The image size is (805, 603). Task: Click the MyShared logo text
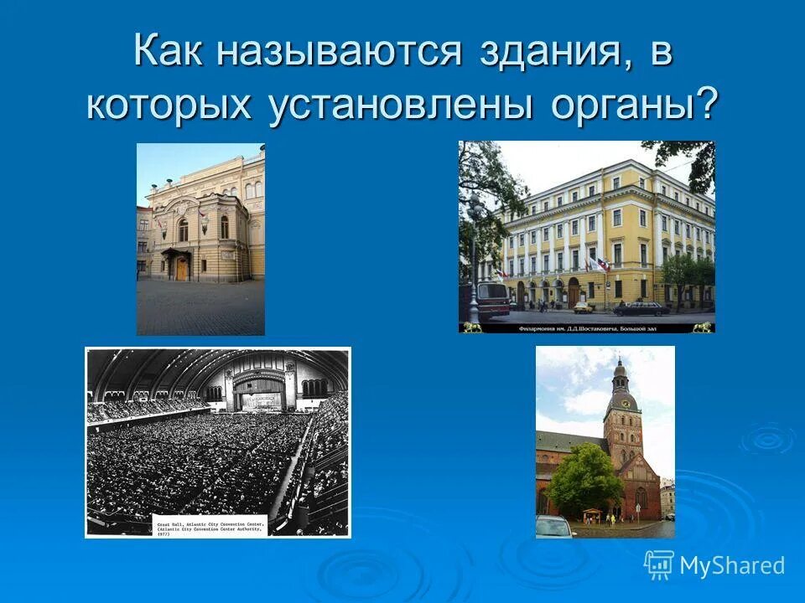coord(732,565)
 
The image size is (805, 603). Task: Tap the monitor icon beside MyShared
coord(659,565)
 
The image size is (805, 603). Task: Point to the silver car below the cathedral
coord(554,528)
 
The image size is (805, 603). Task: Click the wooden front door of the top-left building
coord(181,268)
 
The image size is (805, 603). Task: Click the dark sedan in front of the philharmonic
coord(641,308)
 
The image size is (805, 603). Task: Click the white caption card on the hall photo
coord(210,525)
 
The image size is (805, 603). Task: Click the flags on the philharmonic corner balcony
coord(597,265)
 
